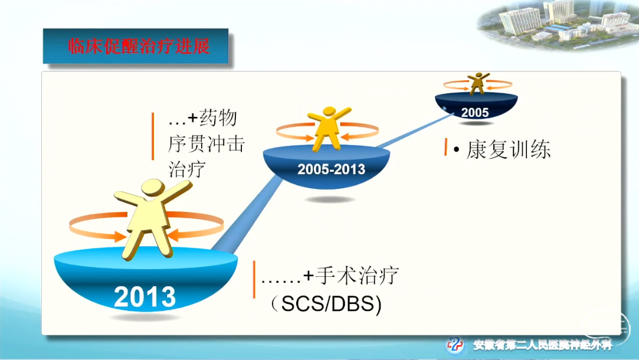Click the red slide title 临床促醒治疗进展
tap(139, 46)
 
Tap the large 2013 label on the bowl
tap(145, 297)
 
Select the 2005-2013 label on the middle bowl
tap(331, 169)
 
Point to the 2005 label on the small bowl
tap(475, 113)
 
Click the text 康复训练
tap(509, 149)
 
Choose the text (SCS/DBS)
tap(326, 304)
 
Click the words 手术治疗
tap(357, 276)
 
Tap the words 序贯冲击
tap(207, 144)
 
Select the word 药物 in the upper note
tap(218, 118)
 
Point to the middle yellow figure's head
tap(329, 113)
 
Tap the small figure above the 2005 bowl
tap(477, 84)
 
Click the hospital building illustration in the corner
tap(558, 24)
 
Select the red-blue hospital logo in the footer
tap(455, 345)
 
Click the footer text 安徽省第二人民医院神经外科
tap(543, 345)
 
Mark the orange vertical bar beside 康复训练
tap(446, 147)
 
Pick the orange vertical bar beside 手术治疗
tap(254, 280)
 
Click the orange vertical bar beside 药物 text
tap(153, 136)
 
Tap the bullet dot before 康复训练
tap(456, 150)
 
